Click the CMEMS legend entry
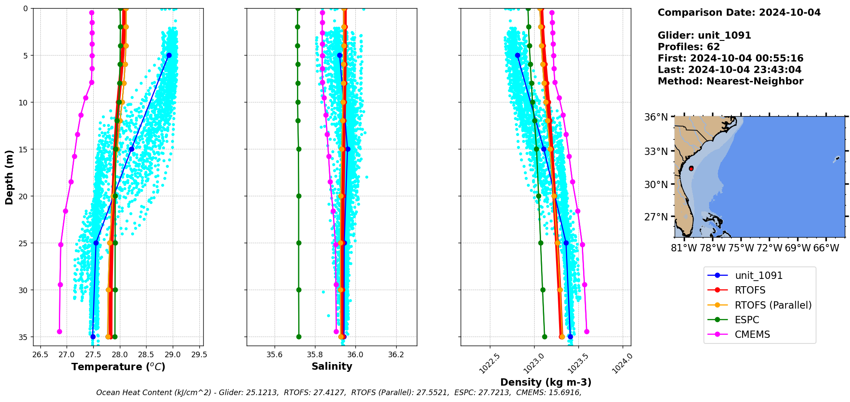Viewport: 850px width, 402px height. [x=752, y=334]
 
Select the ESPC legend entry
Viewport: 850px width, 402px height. [x=747, y=320]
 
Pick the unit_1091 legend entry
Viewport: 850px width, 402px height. [x=758, y=275]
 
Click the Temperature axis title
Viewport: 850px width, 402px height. [x=118, y=367]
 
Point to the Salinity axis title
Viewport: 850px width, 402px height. [x=332, y=366]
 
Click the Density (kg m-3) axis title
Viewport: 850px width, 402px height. [x=546, y=382]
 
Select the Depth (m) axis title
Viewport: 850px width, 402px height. [x=9, y=177]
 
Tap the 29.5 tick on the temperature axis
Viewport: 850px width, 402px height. [x=199, y=355]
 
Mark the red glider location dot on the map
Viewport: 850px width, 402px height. [x=691, y=168]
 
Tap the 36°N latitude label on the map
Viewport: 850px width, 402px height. [x=656, y=117]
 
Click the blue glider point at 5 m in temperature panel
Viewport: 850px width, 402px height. [x=169, y=55]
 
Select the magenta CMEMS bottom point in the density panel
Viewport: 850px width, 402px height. [x=587, y=331]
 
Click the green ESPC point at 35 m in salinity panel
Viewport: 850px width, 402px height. [x=299, y=337]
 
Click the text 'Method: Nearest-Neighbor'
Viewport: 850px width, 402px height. [x=730, y=81]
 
